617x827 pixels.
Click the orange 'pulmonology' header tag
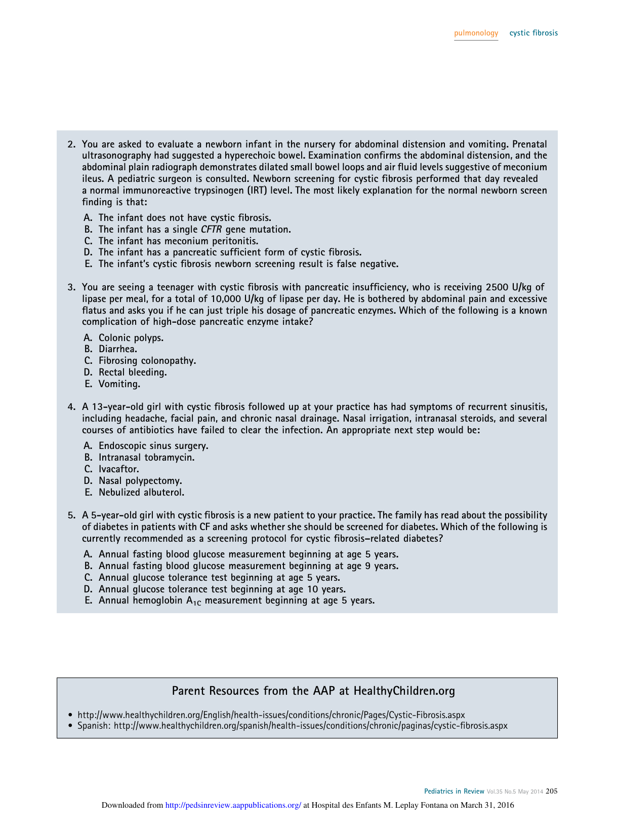click(476, 33)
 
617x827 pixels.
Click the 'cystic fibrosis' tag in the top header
click(533, 33)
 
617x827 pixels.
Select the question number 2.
click(71, 144)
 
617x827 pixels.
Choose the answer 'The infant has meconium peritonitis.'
click(178, 241)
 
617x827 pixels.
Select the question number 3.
click(71, 287)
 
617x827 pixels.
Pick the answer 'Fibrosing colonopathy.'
click(147, 361)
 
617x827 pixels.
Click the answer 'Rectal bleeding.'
click(133, 372)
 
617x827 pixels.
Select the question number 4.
click(71, 407)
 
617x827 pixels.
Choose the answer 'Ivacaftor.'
click(118, 469)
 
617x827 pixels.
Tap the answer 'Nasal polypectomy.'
click(140, 481)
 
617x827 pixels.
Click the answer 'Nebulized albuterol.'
click(141, 493)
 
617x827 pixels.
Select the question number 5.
click(71, 515)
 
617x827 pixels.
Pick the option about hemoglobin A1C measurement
click(236, 601)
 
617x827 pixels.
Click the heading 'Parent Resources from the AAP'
click(313, 691)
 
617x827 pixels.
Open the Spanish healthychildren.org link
click(310, 726)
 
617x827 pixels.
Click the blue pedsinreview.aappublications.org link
click(233, 805)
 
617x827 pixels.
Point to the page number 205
click(552, 792)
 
